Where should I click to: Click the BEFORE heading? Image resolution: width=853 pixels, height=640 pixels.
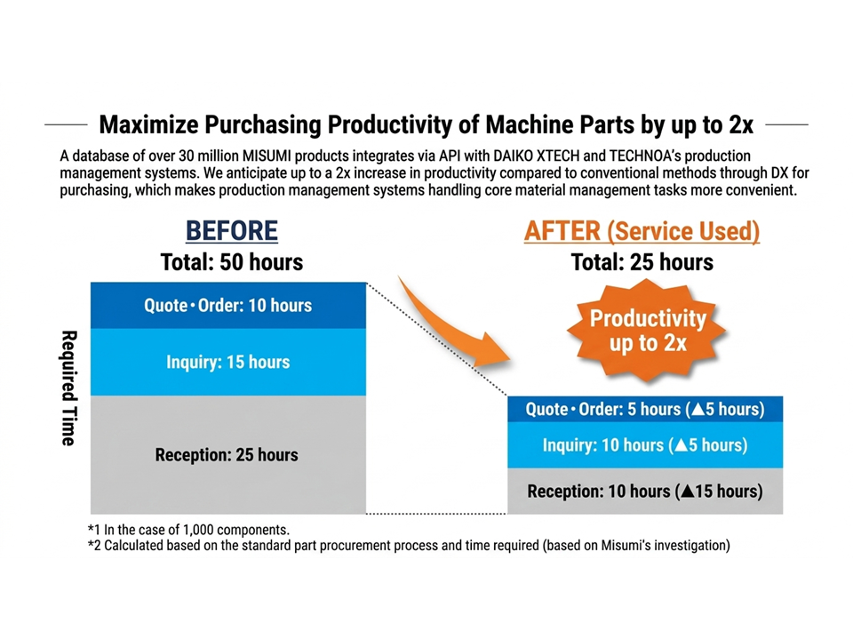tap(232, 231)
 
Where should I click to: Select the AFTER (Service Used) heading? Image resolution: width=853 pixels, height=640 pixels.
tap(642, 231)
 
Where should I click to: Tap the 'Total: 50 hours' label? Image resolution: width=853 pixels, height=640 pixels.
tap(232, 262)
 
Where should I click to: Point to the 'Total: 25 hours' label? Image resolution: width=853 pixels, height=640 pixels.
tap(642, 262)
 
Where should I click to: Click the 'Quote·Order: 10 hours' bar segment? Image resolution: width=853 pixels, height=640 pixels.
tap(228, 305)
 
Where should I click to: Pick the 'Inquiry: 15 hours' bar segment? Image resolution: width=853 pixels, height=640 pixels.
tap(228, 362)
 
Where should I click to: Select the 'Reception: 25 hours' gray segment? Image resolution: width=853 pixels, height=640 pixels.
tap(228, 454)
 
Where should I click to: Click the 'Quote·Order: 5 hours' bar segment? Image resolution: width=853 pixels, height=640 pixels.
tap(645, 409)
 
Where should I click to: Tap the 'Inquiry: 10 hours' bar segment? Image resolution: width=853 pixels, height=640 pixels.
tap(645, 445)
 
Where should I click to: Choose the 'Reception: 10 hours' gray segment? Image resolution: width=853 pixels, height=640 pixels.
tap(645, 491)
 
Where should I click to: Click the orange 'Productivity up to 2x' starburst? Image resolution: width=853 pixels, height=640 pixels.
tap(647, 331)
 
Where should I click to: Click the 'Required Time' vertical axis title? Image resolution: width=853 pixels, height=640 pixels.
tap(68, 388)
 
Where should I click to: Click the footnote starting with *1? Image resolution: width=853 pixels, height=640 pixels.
tap(188, 530)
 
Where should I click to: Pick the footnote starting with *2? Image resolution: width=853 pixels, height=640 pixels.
tap(409, 545)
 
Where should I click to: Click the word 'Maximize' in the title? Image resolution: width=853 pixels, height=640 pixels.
tap(149, 124)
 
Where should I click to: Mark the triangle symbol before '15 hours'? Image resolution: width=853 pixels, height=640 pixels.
tap(687, 492)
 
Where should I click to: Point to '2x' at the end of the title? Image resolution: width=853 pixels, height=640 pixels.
tap(741, 124)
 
